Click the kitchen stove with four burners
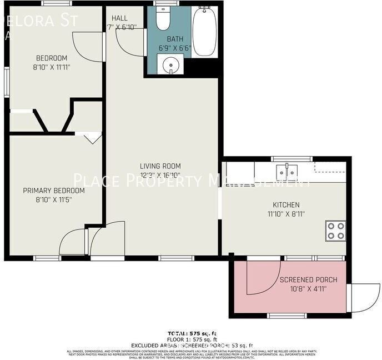pos(335,230)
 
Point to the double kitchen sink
pos(288,169)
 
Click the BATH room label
pos(175,39)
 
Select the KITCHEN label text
pos(286,205)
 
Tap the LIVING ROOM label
pos(160,166)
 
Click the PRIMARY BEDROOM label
pos(54,191)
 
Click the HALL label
pos(119,18)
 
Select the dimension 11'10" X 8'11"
pos(286,214)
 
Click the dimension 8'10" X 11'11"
pos(51,67)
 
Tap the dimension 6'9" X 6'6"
pos(175,48)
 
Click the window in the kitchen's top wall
pos(291,159)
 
